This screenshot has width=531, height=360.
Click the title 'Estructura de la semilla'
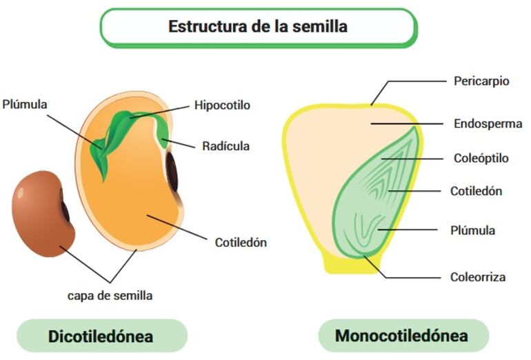[x=258, y=27]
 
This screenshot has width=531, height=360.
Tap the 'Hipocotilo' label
[x=222, y=106]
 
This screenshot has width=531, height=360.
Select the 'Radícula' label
[x=226, y=146]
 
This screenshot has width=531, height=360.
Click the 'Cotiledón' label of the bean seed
[x=241, y=242]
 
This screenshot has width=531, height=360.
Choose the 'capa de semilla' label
[x=110, y=295]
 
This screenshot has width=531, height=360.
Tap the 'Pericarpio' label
[x=481, y=81]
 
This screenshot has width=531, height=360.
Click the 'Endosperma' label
[x=485, y=124]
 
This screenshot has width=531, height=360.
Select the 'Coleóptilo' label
[x=481, y=158]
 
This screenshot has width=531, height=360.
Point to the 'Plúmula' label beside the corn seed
[x=473, y=230]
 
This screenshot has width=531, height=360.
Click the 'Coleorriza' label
[x=478, y=277]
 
